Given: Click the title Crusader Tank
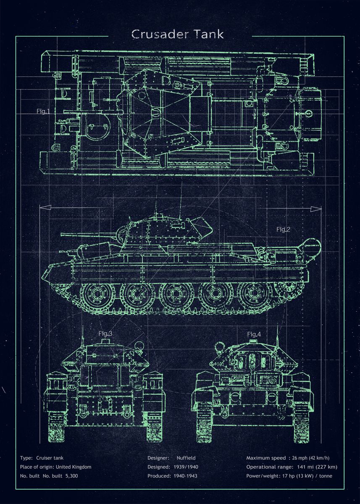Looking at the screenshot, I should (178, 34).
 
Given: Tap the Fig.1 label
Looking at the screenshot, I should (43, 111).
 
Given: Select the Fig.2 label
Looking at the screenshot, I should (284, 229).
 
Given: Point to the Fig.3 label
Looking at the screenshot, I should (105, 333).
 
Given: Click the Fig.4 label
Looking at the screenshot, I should (254, 334).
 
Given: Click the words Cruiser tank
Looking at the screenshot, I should (50, 458).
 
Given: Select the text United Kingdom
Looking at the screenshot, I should (74, 467).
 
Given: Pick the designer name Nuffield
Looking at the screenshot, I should (186, 458).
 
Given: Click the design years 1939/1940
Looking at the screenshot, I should (186, 467).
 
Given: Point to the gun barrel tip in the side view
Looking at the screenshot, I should (63, 235).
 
